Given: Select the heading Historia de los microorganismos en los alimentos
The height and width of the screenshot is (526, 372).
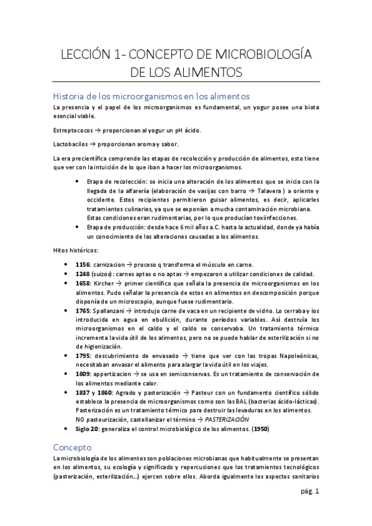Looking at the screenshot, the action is [x=152, y=97].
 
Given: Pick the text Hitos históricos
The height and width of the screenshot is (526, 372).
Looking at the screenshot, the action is [x=75, y=250].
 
